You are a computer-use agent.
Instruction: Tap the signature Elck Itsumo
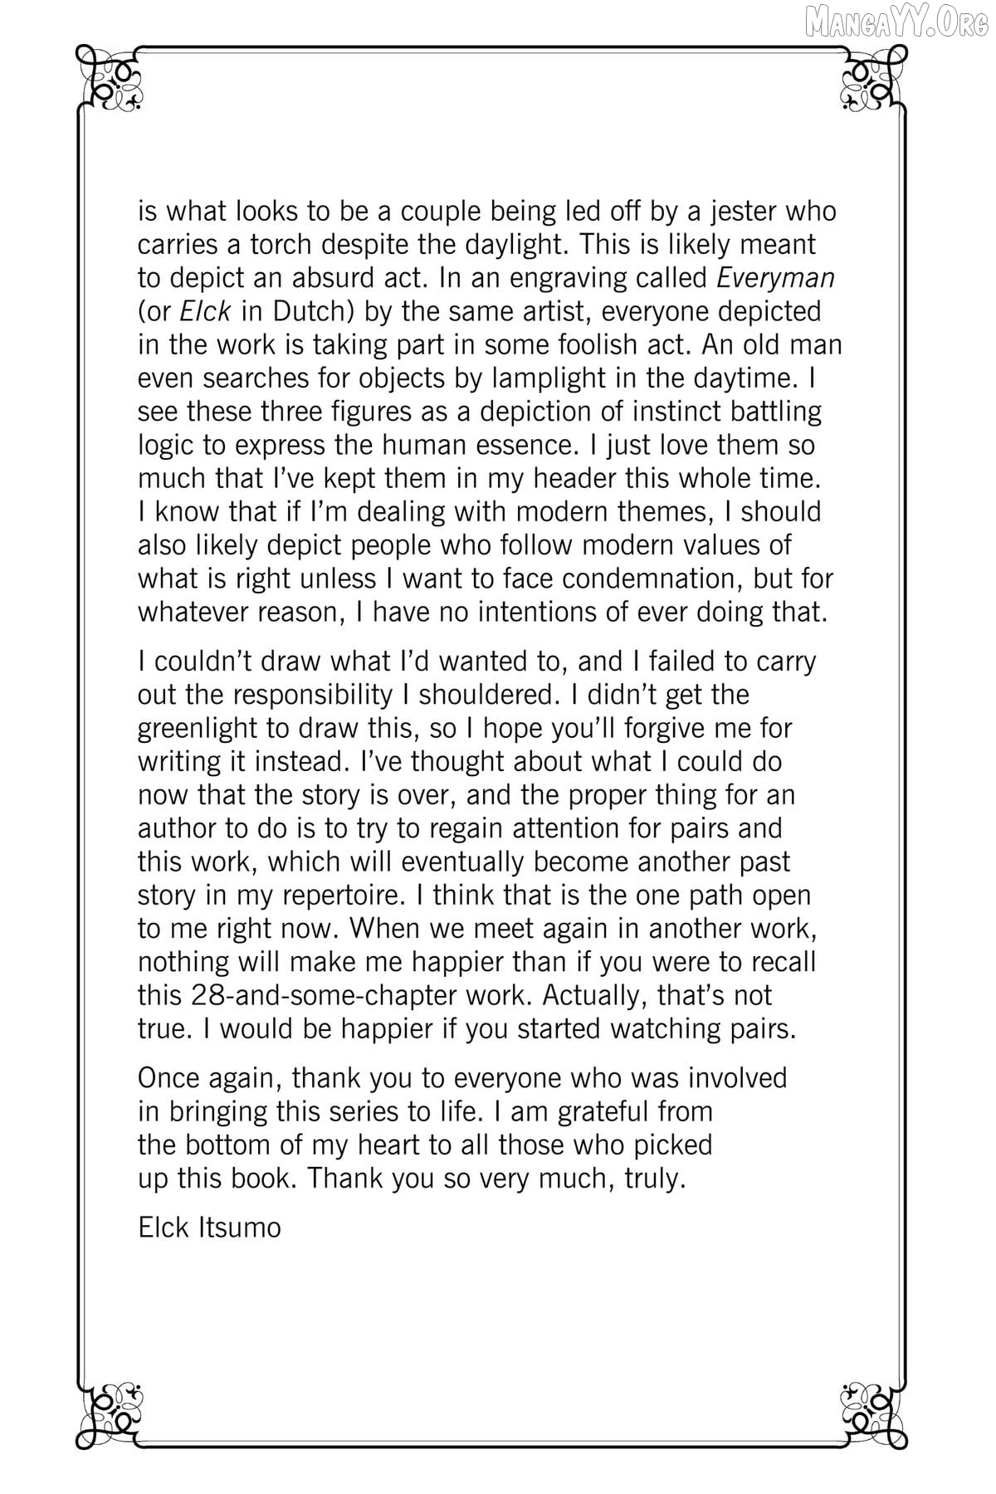pyautogui.click(x=209, y=1227)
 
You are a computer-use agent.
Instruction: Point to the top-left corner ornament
pyautogui.click(x=109, y=80)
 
